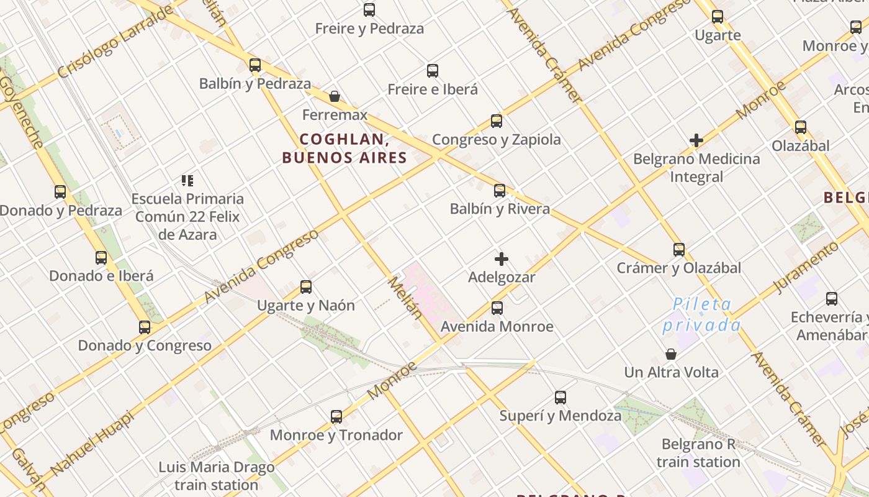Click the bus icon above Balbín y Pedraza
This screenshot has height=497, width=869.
(x=254, y=65)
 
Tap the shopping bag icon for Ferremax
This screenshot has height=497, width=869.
(x=335, y=96)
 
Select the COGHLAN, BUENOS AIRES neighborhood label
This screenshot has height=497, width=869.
(x=344, y=148)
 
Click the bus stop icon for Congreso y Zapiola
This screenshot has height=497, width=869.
(x=496, y=121)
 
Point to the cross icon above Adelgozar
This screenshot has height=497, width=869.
(x=502, y=258)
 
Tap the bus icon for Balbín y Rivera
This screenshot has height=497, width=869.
(x=500, y=190)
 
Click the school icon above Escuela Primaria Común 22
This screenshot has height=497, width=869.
(x=187, y=181)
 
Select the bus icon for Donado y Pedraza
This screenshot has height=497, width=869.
(x=60, y=192)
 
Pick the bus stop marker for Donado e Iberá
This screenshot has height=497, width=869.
(x=101, y=257)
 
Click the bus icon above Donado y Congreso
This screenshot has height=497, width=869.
(x=145, y=327)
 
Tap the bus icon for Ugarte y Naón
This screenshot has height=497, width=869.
(x=306, y=286)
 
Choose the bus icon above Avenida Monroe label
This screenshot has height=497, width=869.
(x=497, y=308)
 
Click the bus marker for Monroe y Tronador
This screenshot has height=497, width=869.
(x=336, y=416)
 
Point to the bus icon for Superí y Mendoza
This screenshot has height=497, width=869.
(x=561, y=397)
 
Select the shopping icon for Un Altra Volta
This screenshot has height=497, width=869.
(x=671, y=354)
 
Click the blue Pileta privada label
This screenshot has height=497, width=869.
(x=702, y=315)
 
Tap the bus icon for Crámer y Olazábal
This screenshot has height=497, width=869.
(x=679, y=249)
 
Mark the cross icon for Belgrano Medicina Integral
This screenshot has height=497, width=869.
(x=696, y=140)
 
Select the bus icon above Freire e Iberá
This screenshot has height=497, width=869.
(x=433, y=71)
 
